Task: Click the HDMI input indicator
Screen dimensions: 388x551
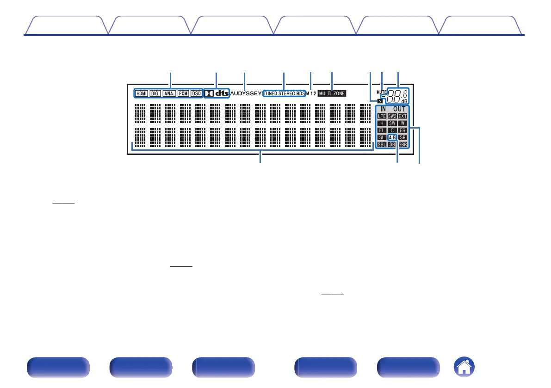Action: click(x=141, y=93)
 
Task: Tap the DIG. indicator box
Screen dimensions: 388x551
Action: click(x=155, y=93)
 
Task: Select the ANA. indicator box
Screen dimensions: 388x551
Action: click(x=169, y=93)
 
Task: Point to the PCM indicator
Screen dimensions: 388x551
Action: click(x=183, y=93)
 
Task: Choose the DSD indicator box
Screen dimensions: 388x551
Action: click(x=196, y=93)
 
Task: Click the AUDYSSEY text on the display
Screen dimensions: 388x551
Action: click(x=246, y=93)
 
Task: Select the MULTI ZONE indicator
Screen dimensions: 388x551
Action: click(x=332, y=93)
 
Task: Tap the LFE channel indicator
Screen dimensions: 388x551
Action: click(x=382, y=116)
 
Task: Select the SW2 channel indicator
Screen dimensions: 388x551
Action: click(x=392, y=116)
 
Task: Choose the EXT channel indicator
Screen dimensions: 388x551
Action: click(x=402, y=116)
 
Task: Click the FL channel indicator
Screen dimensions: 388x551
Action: click(x=382, y=130)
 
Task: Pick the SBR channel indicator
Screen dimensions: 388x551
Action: click(x=402, y=145)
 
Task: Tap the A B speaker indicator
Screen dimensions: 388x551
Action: click(x=392, y=137)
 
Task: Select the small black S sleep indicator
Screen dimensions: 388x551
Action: click(x=380, y=100)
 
